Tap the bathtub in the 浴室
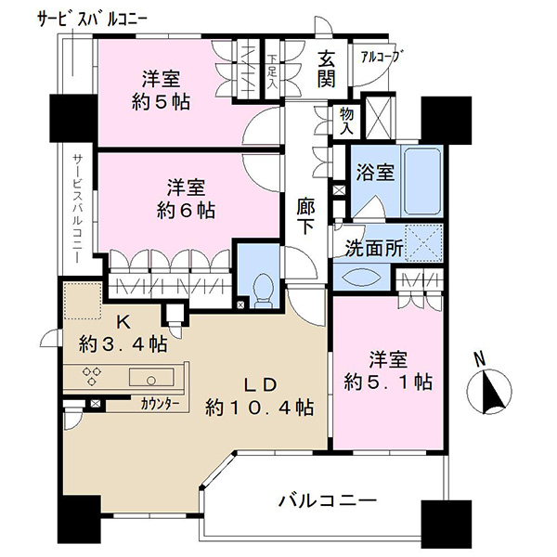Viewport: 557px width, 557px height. click(x=422, y=181)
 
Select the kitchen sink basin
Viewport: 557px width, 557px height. click(x=151, y=377)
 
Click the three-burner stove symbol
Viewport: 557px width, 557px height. click(x=92, y=376)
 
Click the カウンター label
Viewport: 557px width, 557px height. click(x=160, y=404)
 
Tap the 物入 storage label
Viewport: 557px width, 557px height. click(x=346, y=121)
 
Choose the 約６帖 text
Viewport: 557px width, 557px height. click(x=187, y=211)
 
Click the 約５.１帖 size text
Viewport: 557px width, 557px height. click(x=388, y=382)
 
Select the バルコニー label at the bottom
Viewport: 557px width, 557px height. click(x=327, y=501)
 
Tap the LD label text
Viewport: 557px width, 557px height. click(x=260, y=384)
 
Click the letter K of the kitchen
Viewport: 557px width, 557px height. click(x=123, y=322)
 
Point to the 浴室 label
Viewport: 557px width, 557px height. click(x=375, y=173)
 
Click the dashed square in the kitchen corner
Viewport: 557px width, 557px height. click(x=83, y=301)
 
